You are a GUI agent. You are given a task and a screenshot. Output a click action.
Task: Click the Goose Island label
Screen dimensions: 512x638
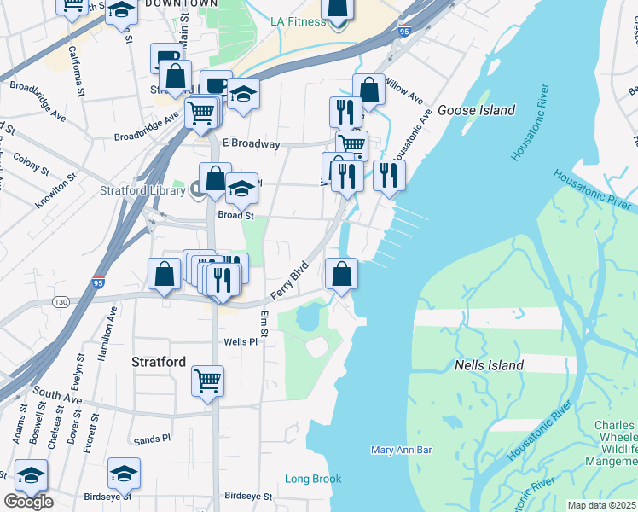coord(476,110)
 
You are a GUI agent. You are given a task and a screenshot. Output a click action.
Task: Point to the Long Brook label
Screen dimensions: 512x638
coord(313,479)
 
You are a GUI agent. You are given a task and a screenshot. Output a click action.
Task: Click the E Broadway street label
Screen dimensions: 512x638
coord(251,144)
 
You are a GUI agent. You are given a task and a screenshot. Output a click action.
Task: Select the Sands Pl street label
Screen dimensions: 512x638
coord(153,440)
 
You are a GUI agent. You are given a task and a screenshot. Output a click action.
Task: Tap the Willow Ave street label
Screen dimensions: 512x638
coord(404,89)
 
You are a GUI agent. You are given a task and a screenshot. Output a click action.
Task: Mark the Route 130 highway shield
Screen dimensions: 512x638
coord(60,302)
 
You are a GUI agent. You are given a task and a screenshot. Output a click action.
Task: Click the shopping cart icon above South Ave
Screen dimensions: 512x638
coord(207,381)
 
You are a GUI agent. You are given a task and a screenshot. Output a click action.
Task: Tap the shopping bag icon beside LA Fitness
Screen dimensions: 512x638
coord(339,8)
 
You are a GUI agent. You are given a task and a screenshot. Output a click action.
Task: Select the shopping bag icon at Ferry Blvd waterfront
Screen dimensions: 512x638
coord(341,274)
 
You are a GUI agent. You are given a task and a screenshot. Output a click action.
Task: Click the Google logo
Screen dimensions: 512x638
coord(28,502)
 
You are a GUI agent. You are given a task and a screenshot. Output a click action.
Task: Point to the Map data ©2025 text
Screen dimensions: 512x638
coord(602,505)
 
